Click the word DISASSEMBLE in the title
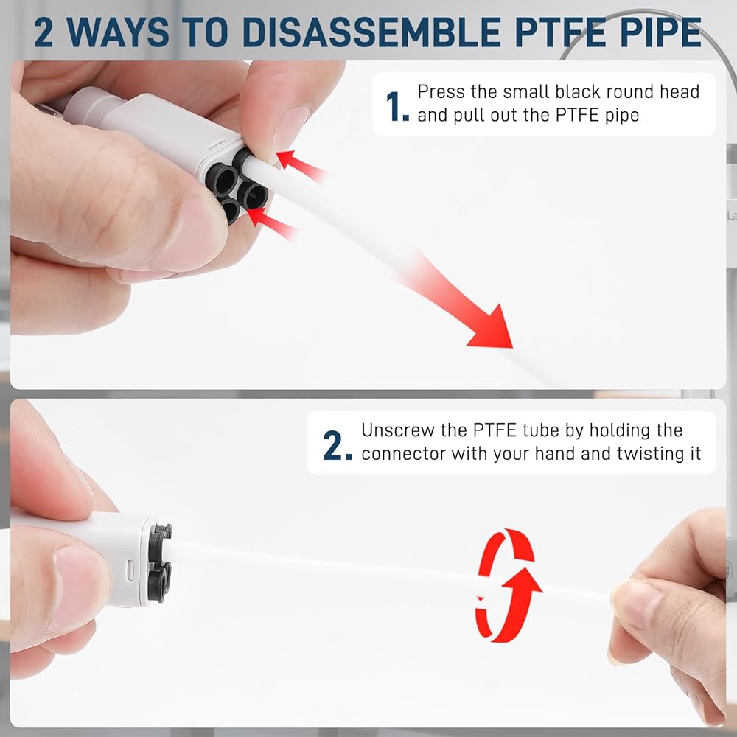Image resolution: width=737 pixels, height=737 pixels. pos(371,32)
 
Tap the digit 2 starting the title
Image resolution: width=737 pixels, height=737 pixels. pos(43,32)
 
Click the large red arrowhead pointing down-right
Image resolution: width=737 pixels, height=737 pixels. pos(491,327)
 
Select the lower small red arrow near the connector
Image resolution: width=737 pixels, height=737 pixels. pos(272,224)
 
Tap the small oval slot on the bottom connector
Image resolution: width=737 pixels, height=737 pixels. pos(130,570)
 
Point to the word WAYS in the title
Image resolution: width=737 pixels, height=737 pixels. pos(117,32)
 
